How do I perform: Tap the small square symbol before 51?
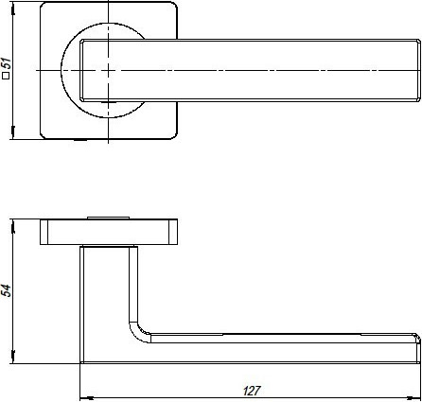[x=7, y=79]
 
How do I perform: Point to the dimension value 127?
[x=250, y=389]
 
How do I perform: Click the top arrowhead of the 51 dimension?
[x=17, y=9]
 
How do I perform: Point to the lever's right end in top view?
[x=413, y=71]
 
